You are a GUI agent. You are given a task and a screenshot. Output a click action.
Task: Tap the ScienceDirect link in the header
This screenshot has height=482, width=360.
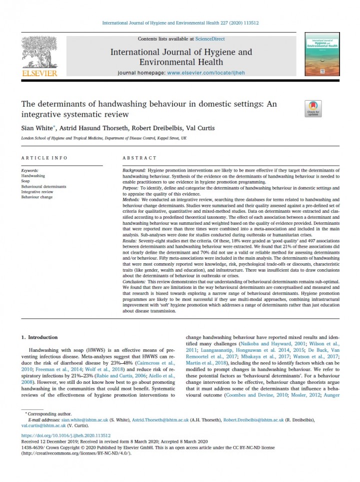point(210,39)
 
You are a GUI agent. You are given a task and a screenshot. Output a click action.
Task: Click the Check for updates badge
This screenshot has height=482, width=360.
point(313,108)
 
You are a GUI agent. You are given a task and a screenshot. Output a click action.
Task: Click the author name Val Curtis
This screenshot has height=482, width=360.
point(200,128)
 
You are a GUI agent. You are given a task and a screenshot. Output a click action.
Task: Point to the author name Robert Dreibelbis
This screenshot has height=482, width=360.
point(158,128)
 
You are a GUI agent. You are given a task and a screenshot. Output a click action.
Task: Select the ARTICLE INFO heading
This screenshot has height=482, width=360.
point(44,158)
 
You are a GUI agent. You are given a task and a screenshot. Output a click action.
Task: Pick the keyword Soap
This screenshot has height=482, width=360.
point(25,181)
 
